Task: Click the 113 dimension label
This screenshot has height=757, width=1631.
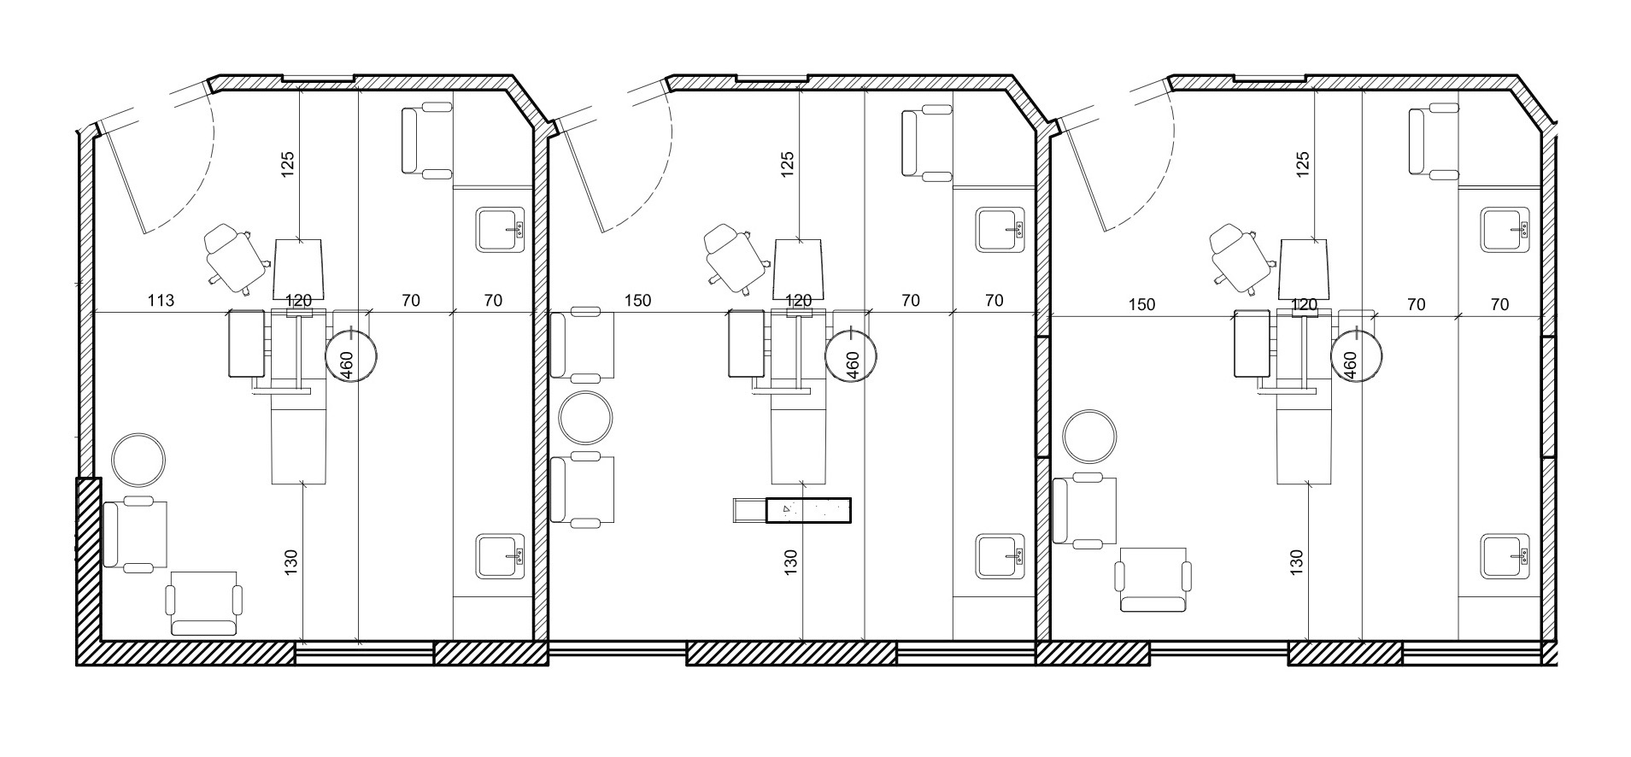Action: (161, 300)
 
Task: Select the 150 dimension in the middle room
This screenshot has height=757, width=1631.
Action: (637, 300)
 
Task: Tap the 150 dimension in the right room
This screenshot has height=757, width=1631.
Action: (1141, 304)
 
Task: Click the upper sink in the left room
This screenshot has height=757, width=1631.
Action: (501, 230)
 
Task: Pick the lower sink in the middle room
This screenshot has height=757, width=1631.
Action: (1000, 556)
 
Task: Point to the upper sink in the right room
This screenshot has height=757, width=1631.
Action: (1505, 230)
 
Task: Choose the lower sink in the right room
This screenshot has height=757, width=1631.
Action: (1505, 556)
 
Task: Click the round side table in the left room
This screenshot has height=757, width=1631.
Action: (139, 459)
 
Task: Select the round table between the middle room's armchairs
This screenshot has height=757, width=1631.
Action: (585, 417)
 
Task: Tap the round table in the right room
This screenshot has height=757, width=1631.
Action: (1089, 436)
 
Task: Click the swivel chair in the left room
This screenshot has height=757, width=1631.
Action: (233, 259)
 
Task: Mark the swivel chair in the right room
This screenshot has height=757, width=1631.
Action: (1239, 259)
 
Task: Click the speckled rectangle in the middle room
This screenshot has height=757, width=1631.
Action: (809, 510)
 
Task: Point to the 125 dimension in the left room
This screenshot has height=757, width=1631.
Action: (288, 164)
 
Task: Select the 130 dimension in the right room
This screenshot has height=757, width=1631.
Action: (1296, 560)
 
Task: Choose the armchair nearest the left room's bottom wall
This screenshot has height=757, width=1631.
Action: (204, 603)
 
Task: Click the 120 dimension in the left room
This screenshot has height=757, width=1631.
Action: (298, 300)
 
